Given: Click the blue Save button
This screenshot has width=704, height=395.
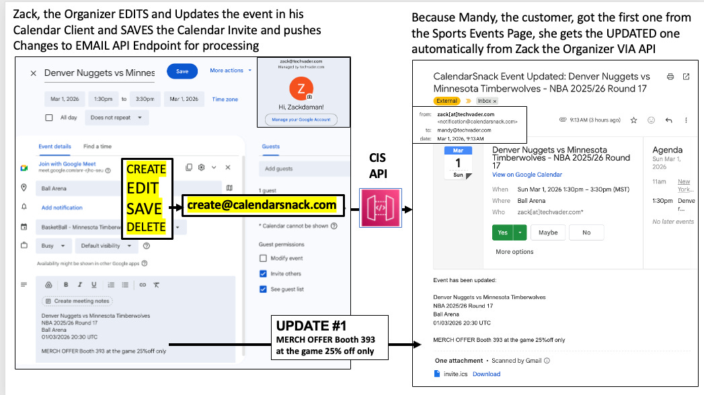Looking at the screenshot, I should [x=182, y=71].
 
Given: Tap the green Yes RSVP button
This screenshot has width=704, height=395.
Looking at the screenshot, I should [x=501, y=232].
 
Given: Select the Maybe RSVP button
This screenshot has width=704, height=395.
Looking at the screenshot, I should [x=548, y=232].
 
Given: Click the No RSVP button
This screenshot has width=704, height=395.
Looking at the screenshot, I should [x=586, y=232].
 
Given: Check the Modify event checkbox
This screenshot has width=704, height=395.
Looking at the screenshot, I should [x=264, y=258].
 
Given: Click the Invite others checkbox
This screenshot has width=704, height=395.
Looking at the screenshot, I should [x=264, y=273].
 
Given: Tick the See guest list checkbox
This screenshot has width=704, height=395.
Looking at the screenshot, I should [x=264, y=289].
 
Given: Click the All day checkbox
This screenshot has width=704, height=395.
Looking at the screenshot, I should [x=48, y=118].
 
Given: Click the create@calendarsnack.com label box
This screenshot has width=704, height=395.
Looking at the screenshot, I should [x=262, y=205].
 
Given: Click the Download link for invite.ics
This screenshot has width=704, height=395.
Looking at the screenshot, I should [x=486, y=374].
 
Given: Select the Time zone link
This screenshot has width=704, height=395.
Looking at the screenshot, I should [x=225, y=99].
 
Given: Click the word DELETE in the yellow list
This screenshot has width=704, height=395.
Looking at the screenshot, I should [x=146, y=226].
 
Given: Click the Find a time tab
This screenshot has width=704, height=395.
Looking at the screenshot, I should [x=97, y=146].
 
